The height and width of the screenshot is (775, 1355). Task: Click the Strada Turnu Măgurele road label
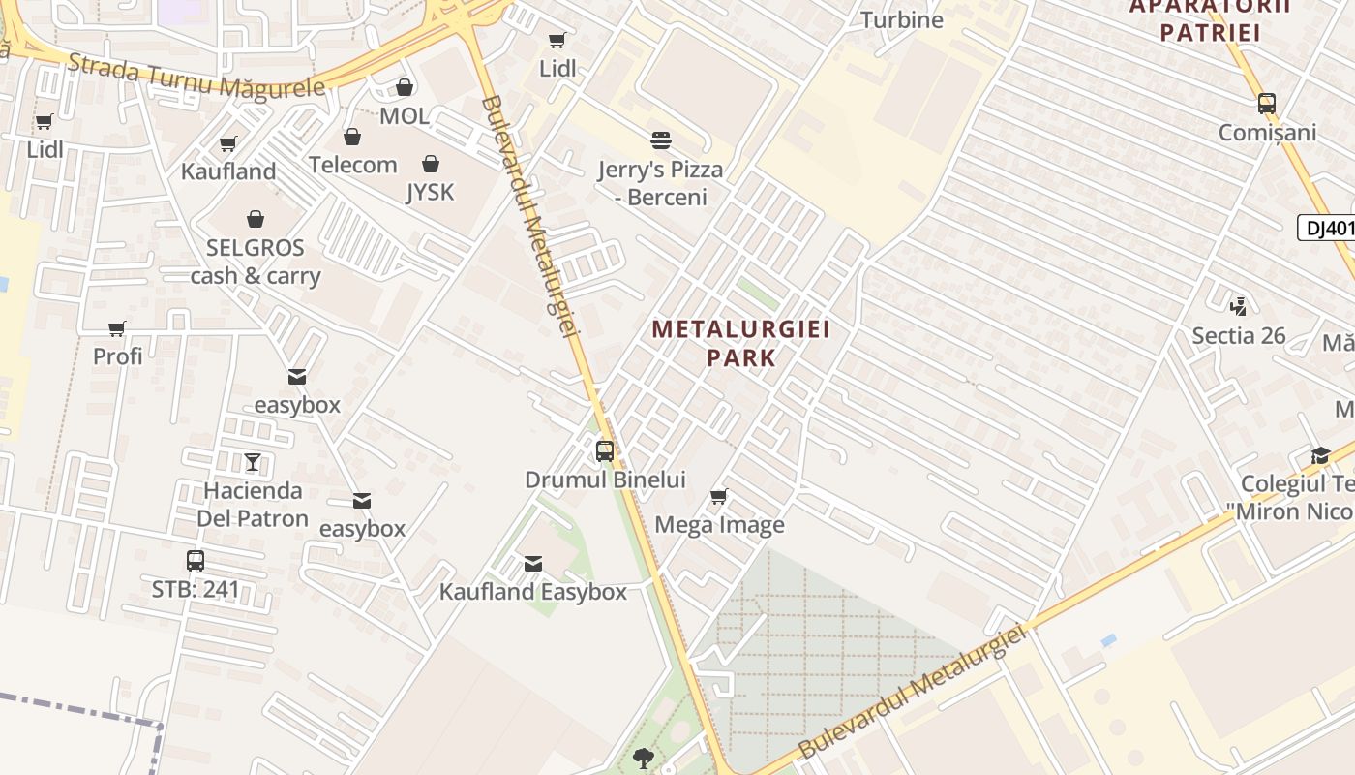click(x=196, y=77)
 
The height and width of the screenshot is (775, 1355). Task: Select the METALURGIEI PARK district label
click(x=741, y=343)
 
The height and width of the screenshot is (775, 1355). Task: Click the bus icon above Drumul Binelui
click(x=605, y=450)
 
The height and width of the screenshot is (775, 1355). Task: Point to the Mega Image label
click(x=719, y=525)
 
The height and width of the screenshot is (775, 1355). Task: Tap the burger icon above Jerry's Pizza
click(x=661, y=140)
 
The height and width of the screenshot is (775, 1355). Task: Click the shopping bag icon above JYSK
click(x=431, y=164)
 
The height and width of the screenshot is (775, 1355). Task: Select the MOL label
click(x=405, y=116)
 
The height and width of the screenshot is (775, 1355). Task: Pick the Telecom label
click(x=353, y=165)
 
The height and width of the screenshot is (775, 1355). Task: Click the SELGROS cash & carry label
click(x=256, y=262)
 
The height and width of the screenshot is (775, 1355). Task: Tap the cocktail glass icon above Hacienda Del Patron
click(x=253, y=461)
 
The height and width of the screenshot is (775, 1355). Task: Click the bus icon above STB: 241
click(x=196, y=560)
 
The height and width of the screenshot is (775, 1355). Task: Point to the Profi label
click(x=117, y=356)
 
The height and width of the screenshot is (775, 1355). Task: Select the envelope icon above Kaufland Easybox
click(x=532, y=564)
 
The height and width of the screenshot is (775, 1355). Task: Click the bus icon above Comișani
click(x=1267, y=104)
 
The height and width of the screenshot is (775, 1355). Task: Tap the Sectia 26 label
click(x=1238, y=336)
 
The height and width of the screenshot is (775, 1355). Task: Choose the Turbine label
click(x=901, y=19)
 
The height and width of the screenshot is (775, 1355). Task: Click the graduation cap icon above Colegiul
click(x=1320, y=455)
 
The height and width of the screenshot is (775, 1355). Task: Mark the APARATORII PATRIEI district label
click(x=1210, y=19)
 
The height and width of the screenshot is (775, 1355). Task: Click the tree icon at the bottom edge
click(x=643, y=758)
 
